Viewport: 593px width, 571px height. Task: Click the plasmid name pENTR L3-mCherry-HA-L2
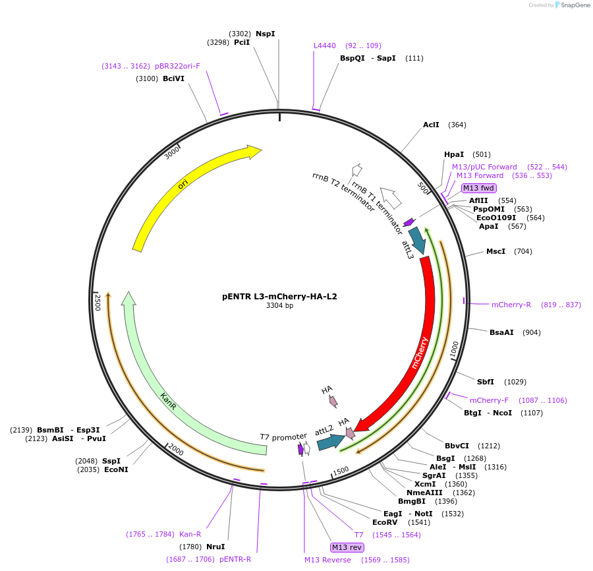[279, 297]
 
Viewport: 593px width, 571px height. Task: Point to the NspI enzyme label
[266, 34]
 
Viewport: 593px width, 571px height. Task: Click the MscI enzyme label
[495, 251]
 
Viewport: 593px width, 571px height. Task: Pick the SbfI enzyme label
[486, 382]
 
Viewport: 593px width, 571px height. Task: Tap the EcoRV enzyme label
[385, 522]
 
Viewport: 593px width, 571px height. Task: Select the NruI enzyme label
[215, 546]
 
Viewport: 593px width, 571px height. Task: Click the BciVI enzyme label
[173, 78]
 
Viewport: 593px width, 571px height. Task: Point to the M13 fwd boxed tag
[478, 188]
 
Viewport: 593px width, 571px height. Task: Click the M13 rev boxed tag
[347, 547]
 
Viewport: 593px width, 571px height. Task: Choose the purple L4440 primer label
[325, 45]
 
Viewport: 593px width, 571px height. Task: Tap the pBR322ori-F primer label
[177, 66]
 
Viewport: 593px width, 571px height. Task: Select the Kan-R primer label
[190, 534]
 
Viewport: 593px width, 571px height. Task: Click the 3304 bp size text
[279, 306]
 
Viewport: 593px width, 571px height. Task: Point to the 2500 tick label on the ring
[98, 303]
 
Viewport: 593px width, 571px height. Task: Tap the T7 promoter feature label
[283, 437]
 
